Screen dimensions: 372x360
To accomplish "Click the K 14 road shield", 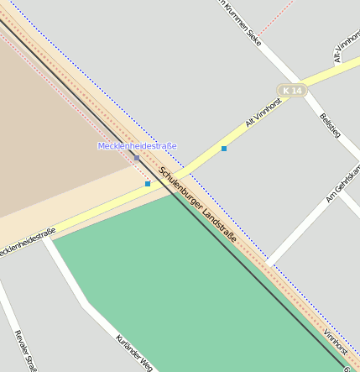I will tap(291, 90).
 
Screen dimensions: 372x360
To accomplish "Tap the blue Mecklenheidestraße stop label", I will tap(137, 146).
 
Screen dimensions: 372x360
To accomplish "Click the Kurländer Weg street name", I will tap(134, 353).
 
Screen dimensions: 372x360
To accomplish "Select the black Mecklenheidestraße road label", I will tap(27, 241).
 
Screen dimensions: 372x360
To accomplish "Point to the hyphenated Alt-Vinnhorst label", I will tap(347, 46).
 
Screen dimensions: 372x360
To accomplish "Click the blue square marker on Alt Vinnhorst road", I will tap(224, 149).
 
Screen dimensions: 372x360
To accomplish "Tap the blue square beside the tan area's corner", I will tap(148, 183).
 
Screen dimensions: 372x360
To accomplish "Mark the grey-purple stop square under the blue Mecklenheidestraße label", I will tap(137, 157).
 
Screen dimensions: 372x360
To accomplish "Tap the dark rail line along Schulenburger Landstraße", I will tap(252, 269).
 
